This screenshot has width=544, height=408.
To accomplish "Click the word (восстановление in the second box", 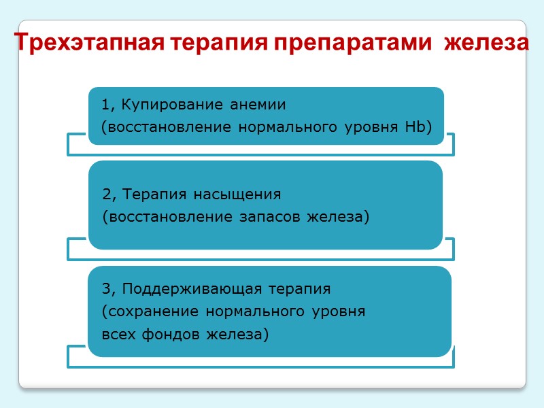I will (160, 217).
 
